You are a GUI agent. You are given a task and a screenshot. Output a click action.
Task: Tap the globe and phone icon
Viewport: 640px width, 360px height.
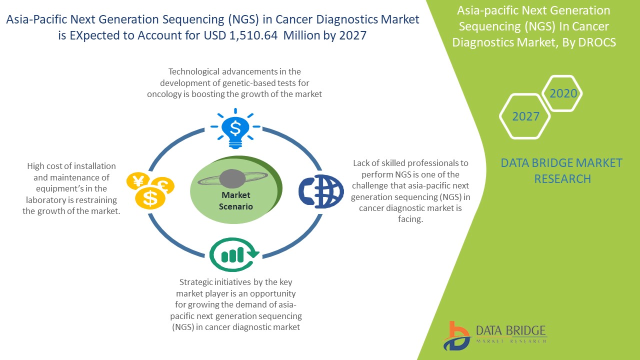321,190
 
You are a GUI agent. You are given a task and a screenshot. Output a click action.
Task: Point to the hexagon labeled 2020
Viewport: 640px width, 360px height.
563,93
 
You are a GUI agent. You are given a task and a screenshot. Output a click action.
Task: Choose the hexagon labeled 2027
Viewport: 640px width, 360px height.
525,116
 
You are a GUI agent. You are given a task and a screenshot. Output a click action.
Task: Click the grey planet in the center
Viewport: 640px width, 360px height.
231,177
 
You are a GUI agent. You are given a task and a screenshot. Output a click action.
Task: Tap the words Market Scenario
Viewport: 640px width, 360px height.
236,200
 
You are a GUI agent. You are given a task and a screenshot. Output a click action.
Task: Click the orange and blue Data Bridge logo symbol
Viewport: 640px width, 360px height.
455,336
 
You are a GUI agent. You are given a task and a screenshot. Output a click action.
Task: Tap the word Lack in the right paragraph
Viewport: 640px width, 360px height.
361,163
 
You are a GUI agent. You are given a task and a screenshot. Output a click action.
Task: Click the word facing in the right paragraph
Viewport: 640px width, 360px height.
410,219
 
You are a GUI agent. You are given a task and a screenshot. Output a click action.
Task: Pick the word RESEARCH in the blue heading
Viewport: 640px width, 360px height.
562,178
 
